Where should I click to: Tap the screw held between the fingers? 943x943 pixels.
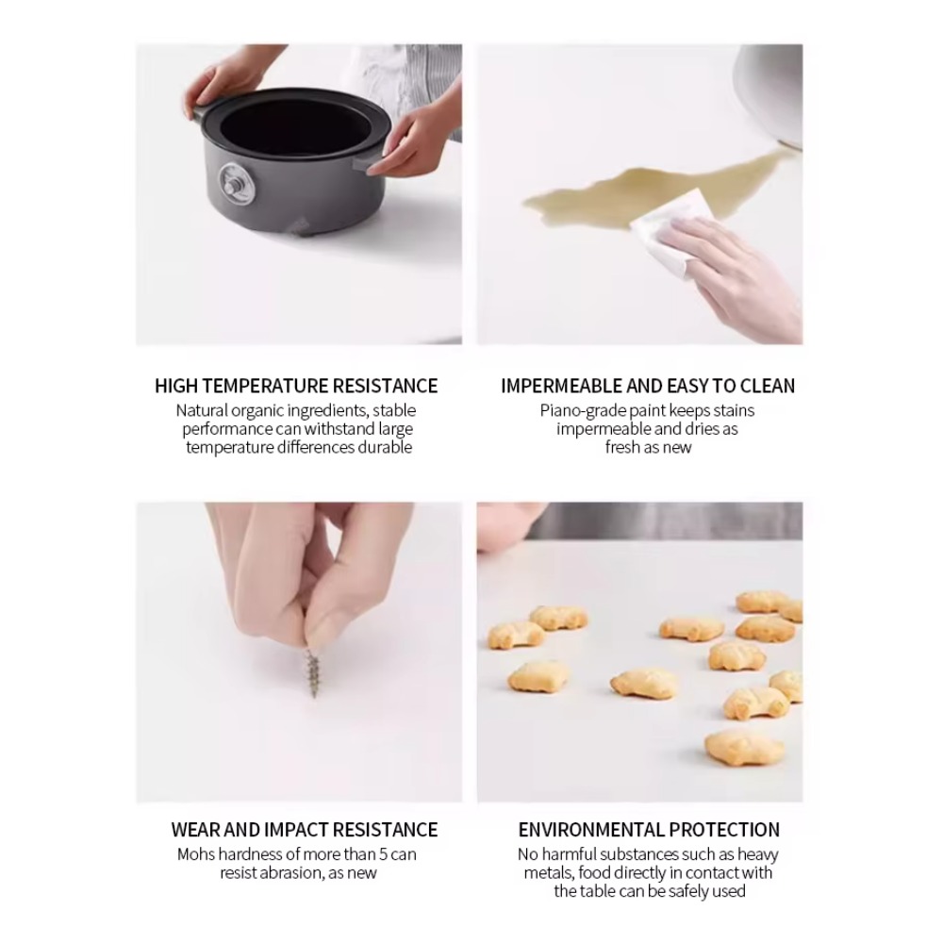312,672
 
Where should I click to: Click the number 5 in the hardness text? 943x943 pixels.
383,854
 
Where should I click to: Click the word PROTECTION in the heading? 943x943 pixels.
724,830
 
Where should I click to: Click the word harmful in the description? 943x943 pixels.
569,854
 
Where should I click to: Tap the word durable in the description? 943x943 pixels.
385,447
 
